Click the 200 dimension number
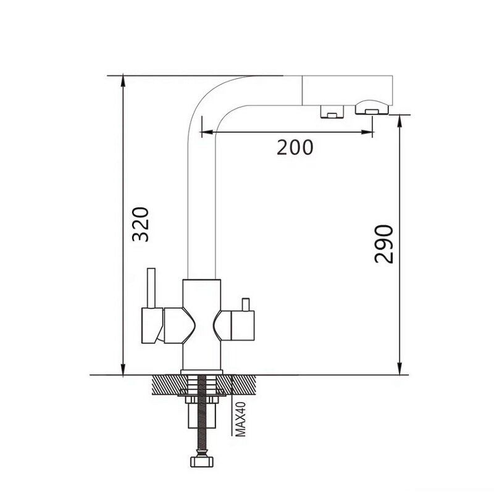(x=295, y=147)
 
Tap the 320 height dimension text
(x=141, y=224)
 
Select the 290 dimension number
(x=384, y=244)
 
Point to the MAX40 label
(x=241, y=419)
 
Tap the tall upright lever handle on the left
(x=151, y=288)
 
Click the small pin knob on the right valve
(x=245, y=304)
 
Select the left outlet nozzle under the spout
(x=332, y=112)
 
